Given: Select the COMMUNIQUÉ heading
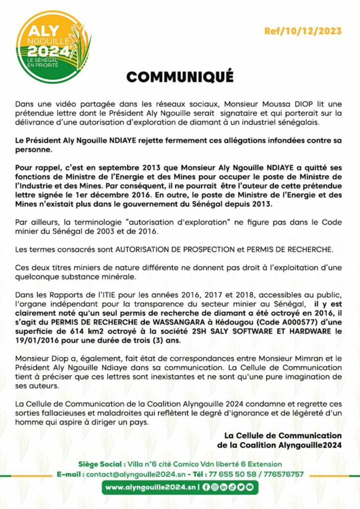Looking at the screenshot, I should (180, 77).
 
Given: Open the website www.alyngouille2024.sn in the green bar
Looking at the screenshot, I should (150, 488).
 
